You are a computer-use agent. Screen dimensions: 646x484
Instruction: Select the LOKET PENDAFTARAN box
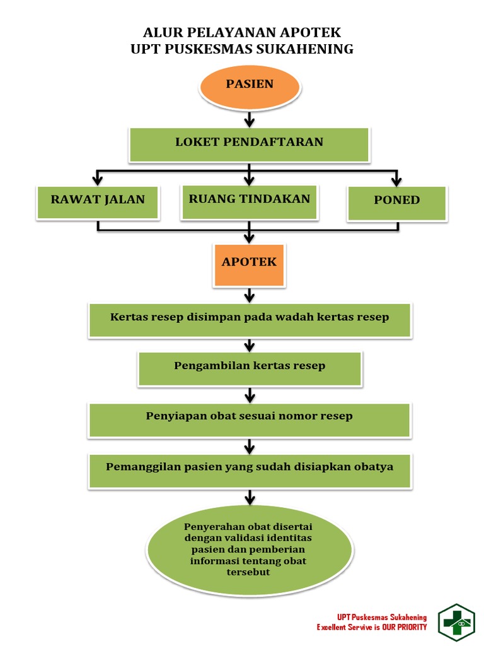click(x=249, y=144)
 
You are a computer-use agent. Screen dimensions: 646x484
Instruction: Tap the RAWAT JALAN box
click(x=98, y=201)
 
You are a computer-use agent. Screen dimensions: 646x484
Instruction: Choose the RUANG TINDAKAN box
click(x=250, y=201)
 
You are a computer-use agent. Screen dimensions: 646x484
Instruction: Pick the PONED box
click(x=397, y=203)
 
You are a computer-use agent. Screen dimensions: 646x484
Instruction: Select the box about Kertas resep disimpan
click(x=250, y=319)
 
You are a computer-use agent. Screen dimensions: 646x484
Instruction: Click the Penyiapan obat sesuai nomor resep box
click(x=250, y=419)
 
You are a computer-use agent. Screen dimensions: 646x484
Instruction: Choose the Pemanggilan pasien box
click(x=250, y=470)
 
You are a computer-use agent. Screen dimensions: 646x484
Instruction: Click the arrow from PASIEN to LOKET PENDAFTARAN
click(x=250, y=119)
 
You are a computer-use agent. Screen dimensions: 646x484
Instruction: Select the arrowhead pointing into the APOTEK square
click(x=250, y=238)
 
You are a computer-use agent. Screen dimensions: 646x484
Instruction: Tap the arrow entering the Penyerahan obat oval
click(x=250, y=498)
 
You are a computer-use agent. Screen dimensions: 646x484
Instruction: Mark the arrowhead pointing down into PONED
click(x=397, y=180)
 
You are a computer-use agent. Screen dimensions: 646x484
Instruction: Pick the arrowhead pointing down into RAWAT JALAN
click(x=98, y=179)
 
